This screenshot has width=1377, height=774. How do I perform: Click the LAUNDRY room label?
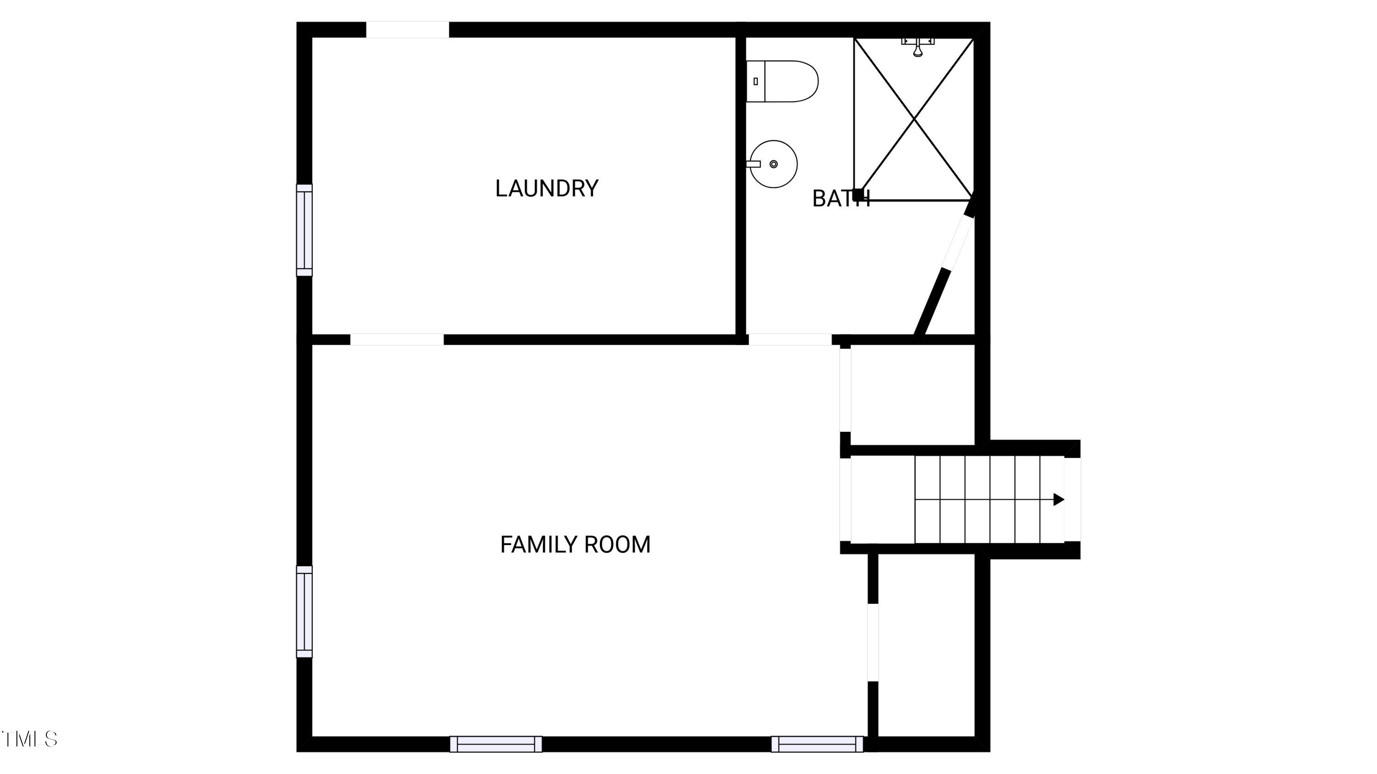(x=546, y=188)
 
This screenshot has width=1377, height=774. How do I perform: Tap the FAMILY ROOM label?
(x=575, y=544)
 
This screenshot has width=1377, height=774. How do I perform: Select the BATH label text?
(x=841, y=199)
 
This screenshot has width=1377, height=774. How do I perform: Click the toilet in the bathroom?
(x=782, y=81)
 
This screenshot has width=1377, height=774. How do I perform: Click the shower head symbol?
(x=918, y=47)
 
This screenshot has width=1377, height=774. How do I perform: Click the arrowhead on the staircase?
(x=1058, y=500)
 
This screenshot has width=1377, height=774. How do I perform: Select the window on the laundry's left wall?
(x=304, y=230)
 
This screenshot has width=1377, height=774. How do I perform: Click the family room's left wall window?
(x=304, y=612)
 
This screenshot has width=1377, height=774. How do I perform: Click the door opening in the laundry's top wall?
(x=407, y=30)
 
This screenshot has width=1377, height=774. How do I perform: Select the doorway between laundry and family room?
(x=397, y=340)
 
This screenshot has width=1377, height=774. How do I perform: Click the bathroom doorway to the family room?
(x=789, y=340)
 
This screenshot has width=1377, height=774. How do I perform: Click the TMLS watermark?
(x=29, y=739)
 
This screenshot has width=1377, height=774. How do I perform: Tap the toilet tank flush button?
(x=756, y=81)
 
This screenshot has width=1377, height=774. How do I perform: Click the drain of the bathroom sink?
(x=773, y=164)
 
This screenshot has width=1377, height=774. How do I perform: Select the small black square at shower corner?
(x=857, y=195)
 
